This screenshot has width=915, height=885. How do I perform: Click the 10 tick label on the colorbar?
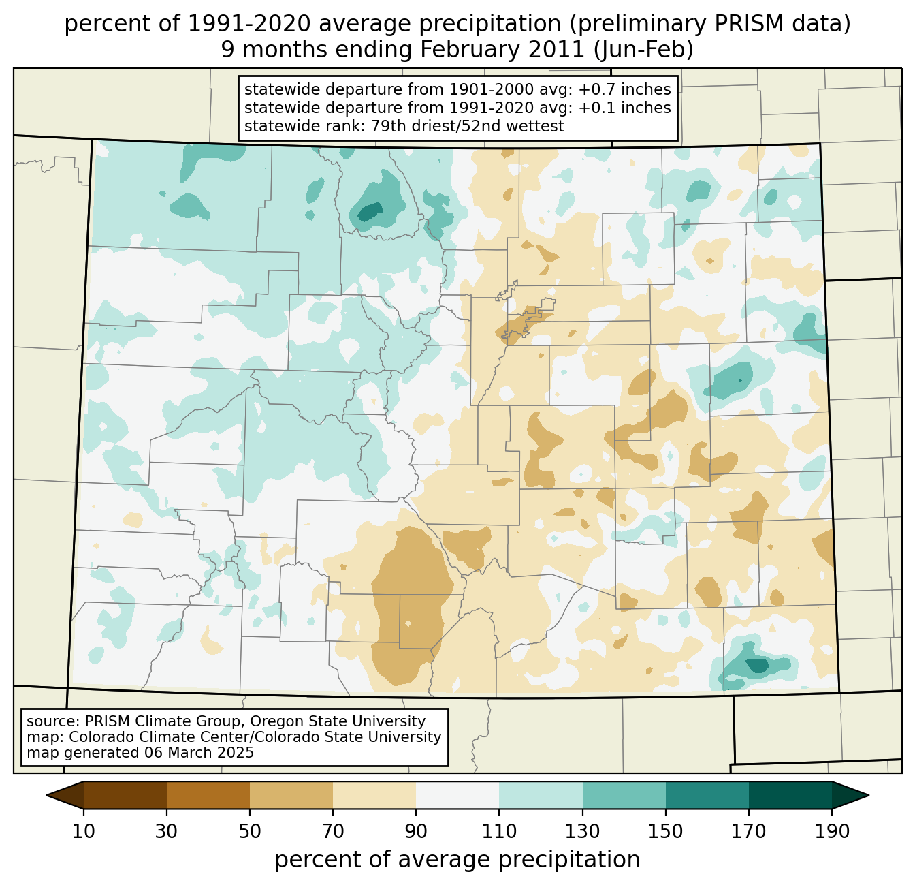pos(84,832)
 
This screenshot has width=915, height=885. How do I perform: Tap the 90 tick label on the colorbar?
pos(416,832)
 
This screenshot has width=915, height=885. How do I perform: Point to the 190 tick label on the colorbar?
pos(832,832)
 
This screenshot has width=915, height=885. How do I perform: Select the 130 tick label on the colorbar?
pos(583,832)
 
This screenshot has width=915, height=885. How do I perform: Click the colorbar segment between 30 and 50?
pos(208,795)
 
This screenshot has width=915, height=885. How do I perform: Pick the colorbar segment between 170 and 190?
pos(790,795)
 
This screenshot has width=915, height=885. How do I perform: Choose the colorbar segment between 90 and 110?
pos(457,795)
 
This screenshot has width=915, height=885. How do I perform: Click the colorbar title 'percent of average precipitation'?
pos(457,860)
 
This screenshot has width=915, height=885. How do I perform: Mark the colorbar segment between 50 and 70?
pos(291,795)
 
